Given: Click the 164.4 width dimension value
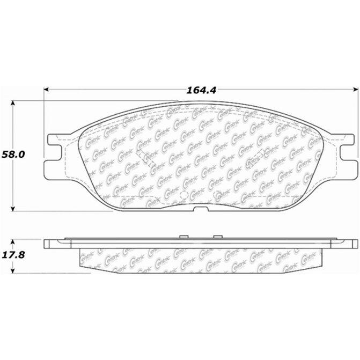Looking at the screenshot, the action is (201, 90).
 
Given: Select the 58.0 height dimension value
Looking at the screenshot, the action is (13, 155).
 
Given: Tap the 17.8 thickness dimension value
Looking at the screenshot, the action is (13, 255).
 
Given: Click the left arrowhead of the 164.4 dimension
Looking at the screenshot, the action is (46, 90).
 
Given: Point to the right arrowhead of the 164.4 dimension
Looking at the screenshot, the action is (355, 90).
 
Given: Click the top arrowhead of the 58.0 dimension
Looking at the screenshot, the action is (13, 103).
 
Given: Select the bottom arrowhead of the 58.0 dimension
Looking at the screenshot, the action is (13, 209).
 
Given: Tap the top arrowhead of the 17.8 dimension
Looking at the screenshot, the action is (13, 242).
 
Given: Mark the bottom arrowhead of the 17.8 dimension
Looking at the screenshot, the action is (13, 270).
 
